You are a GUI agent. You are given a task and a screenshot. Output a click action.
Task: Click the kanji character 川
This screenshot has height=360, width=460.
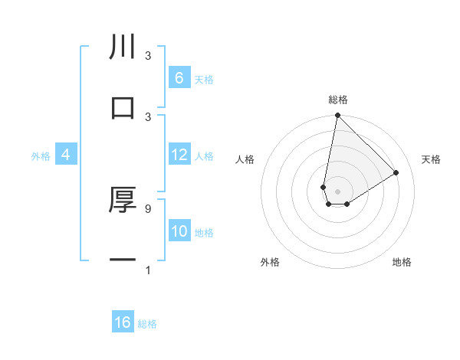click(x=123, y=47)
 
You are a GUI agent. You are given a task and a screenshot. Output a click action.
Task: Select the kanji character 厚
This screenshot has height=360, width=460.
click(x=123, y=201)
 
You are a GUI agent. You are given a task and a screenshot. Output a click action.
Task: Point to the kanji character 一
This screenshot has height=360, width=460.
click(x=123, y=260)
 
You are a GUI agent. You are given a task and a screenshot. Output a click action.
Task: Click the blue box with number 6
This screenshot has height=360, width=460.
click(x=179, y=78)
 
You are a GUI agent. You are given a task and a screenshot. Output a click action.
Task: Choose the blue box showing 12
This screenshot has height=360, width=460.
click(x=179, y=155)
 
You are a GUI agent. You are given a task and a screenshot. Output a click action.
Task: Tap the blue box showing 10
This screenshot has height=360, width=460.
click(x=179, y=231)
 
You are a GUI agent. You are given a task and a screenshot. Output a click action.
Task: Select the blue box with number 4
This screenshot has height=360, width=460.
click(x=66, y=155)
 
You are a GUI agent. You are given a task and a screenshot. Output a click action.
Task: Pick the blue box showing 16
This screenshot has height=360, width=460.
click(x=123, y=322)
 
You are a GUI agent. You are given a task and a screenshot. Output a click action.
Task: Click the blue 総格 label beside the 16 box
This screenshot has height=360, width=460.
click(x=147, y=324)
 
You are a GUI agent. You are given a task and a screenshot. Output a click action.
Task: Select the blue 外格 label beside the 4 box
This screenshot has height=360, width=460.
click(x=41, y=156)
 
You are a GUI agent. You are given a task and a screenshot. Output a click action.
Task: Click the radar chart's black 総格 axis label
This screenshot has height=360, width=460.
click(x=338, y=100)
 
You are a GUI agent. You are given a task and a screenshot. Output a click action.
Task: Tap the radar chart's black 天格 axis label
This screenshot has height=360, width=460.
click(x=432, y=159)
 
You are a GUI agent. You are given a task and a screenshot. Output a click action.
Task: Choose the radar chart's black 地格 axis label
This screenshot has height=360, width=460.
click(x=402, y=263)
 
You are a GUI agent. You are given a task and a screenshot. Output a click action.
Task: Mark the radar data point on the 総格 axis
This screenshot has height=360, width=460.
click(x=337, y=116)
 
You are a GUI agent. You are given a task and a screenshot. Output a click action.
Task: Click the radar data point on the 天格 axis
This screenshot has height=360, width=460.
click(x=396, y=173)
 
